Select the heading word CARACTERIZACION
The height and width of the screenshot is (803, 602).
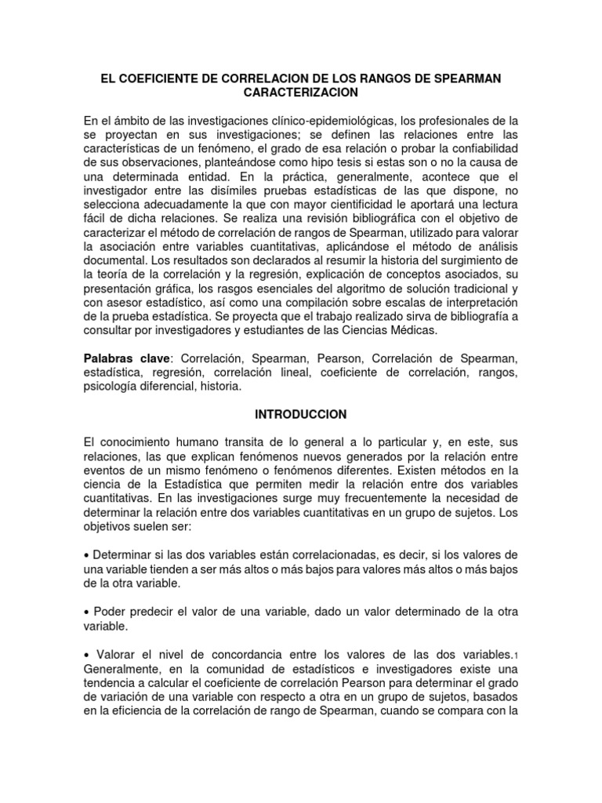[300, 93]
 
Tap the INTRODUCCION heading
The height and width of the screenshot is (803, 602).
[300, 412]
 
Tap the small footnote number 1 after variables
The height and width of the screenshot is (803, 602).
[515, 656]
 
